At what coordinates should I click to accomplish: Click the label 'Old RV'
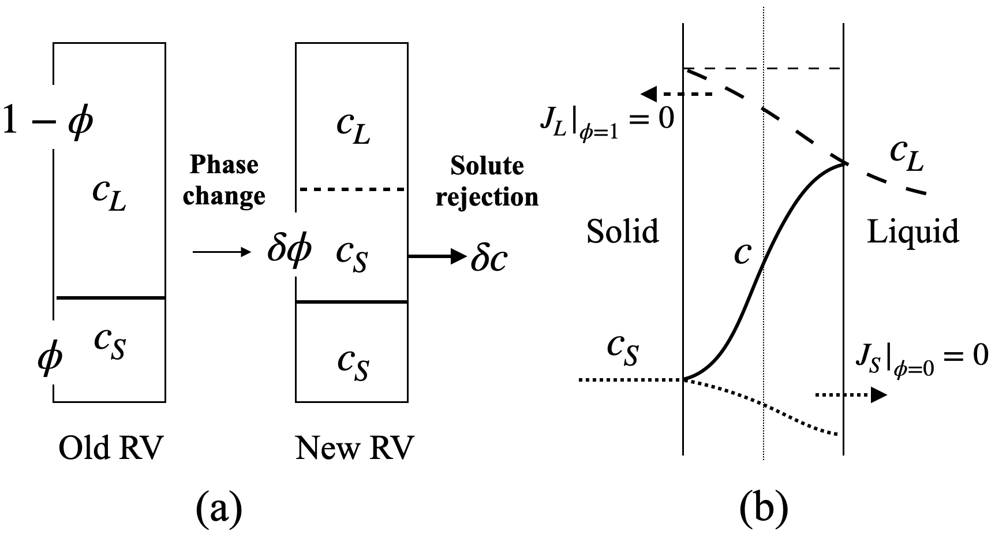tap(111, 449)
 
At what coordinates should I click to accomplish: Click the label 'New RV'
tap(354, 449)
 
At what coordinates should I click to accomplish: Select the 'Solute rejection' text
tap(487, 181)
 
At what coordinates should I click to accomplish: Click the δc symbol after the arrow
tap(488, 258)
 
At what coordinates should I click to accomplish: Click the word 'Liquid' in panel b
tap(912, 232)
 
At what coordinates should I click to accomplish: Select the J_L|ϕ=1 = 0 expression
tap(606, 124)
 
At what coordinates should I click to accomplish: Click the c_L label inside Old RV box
tap(109, 196)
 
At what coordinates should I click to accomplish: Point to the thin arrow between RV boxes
tap(221, 252)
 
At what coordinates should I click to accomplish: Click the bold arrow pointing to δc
tap(437, 256)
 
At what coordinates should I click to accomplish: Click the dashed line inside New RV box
tap(351, 189)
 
